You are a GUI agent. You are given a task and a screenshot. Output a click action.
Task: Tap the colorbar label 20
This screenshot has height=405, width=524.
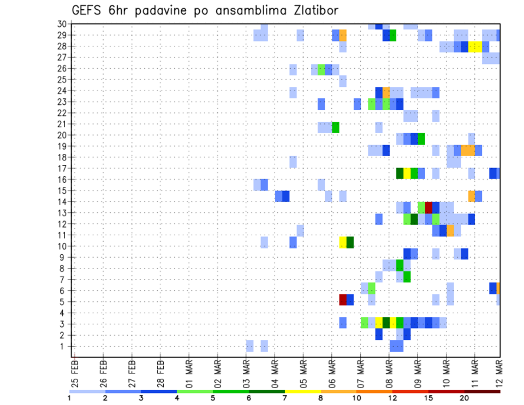pyautogui.click(x=464, y=398)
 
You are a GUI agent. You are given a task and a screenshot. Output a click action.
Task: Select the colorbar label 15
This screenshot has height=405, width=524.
pyautogui.click(x=428, y=398)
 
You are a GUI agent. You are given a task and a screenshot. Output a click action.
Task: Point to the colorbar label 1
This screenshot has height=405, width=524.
pyautogui.click(x=69, y=398)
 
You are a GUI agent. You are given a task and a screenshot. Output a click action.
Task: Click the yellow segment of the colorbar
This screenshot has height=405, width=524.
pyautogui.click(x=302, y=391)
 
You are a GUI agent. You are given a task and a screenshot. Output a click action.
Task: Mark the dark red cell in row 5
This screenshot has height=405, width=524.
pyautogui.click(x=343, y=300)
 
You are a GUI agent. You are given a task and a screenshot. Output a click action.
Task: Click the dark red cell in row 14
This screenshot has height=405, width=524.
pyautogui.click(x=428, y=207)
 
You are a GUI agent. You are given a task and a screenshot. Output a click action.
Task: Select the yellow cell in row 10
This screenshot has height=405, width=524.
pyautogui.click(x=343, y=242)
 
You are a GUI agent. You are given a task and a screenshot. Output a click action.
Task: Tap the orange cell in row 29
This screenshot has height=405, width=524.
pyautogui.click(x=343, y=35)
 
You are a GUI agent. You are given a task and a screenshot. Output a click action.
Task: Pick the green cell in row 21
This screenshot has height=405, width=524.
pyautogui.click(x=336, y=127)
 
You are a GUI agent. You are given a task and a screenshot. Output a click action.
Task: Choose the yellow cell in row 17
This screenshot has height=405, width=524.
pyautogui.click(x=407, y=173)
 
